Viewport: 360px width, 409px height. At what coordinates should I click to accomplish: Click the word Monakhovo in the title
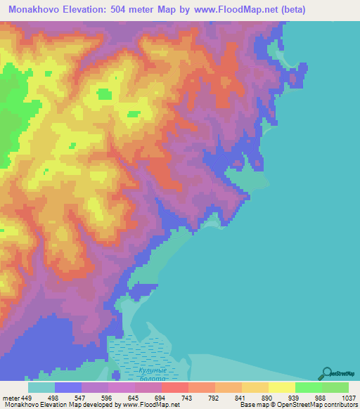pos(34,9)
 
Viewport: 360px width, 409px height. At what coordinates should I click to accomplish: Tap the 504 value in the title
pos(123,9)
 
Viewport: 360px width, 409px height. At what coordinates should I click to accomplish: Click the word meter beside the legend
pos(9,398)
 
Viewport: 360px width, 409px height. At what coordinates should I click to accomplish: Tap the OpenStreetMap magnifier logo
pos(327,372)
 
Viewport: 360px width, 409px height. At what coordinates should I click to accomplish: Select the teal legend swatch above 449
pos(41,387)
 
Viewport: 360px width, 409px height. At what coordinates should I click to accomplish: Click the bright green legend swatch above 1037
pos(335,387)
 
